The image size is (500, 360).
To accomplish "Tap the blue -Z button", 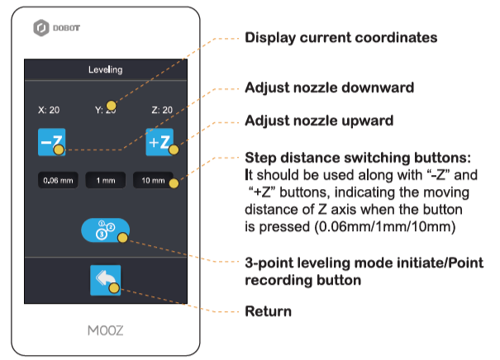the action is (x=49, y=142).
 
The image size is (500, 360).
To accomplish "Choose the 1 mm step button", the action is (x=105, y=180).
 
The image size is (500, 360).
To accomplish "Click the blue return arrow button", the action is (x=105, y=280).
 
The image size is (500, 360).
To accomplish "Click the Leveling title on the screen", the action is (x=105, y=70).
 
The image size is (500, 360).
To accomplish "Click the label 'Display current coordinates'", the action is (x=340, y=38).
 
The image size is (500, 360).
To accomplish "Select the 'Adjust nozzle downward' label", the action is (x=329, y=87).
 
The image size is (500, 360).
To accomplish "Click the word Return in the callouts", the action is (x=268, y=312).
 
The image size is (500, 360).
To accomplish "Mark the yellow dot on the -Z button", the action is (x=58, y=150).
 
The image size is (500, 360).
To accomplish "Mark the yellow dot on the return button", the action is (x=114, y=288).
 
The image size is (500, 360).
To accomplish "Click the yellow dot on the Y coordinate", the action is (x=110, y=105).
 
